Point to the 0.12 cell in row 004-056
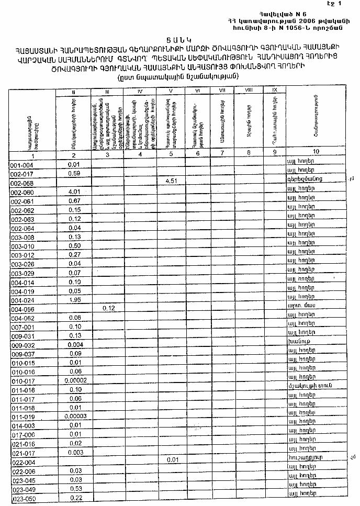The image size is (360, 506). tap(108, 309)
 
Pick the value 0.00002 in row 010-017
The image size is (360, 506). tap(73, 380)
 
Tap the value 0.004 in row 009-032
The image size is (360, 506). tap(73, 344)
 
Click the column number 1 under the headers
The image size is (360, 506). tap(32, 155)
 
